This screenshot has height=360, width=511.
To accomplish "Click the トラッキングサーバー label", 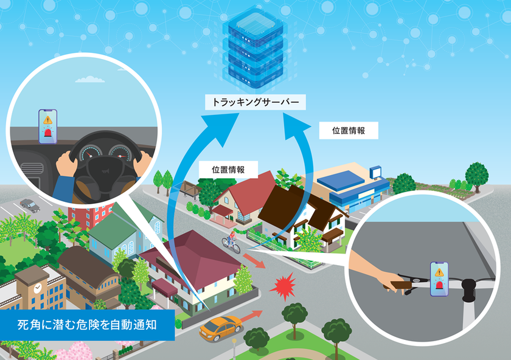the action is click(255, 102).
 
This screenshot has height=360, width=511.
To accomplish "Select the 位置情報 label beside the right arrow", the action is click(349, 130).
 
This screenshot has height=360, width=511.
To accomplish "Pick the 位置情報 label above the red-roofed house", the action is click(228, 170).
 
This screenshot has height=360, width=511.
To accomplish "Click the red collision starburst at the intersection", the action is click(283, 286).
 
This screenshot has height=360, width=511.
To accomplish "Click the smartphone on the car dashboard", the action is click(48, 126).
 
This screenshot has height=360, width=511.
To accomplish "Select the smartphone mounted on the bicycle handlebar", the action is click(439, 279).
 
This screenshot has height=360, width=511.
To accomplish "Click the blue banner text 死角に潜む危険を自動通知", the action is click(87, 325).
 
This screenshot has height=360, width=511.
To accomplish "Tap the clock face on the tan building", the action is click(38, 288).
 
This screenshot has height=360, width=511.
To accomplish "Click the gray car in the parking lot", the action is click(30, 206).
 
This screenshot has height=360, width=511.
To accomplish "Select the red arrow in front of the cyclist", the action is click(254, 261).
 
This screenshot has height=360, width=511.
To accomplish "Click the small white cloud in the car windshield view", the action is click(90, 79).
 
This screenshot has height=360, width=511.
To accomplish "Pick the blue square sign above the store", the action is click(375, 172).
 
